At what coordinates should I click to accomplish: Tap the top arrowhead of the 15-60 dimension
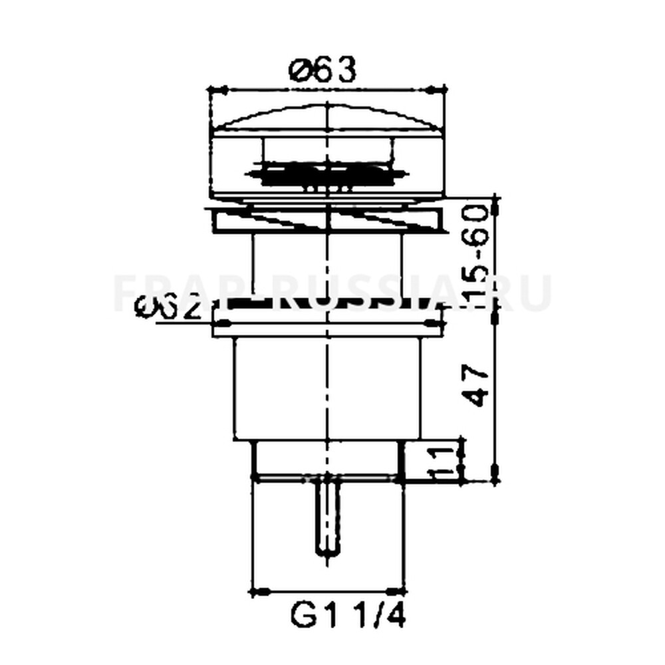(495, 202)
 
